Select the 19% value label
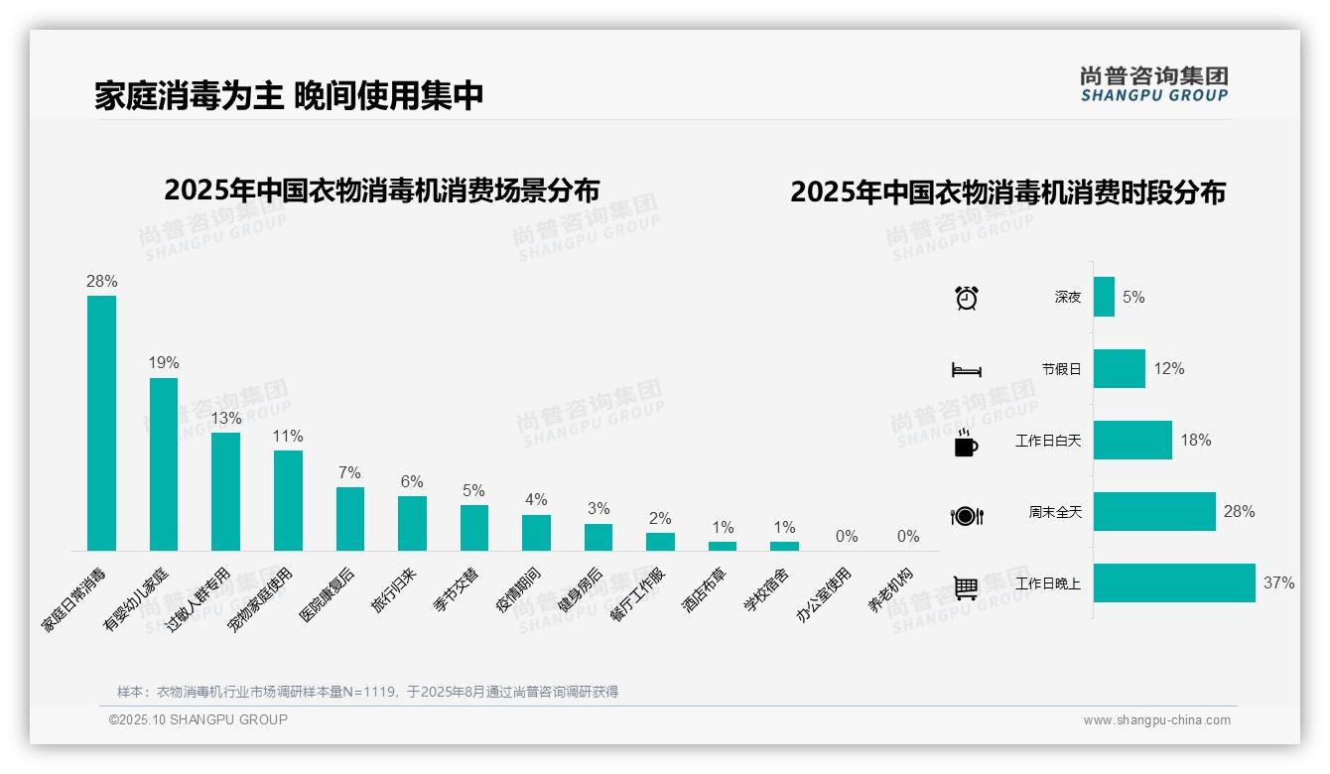point(164,363)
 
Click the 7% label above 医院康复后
point(349,472)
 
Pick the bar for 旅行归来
point(412,523)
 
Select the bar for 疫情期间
point(536,533)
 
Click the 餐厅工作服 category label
point(637,594)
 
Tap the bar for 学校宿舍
point(784,546)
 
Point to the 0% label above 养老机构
point(908,537)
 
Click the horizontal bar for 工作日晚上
point(1174,583)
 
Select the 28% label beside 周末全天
point(1239,512)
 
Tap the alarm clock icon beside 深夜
point(967,298)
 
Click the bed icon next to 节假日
point(967,370)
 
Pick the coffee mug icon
point(966,443)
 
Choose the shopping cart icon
point(966,587)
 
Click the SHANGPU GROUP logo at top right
point(1154,84)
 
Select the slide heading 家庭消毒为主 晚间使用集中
point(290,95)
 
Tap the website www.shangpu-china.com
point(1156,720)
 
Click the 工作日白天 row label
point(1048,441)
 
